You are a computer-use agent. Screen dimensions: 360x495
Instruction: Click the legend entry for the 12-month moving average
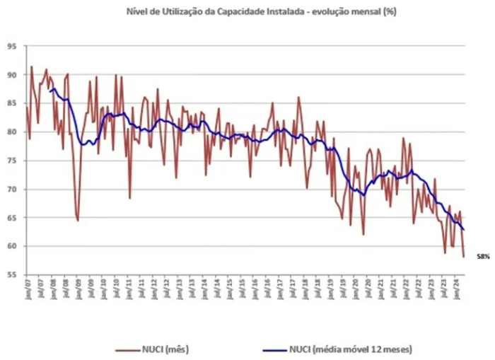(350, 349)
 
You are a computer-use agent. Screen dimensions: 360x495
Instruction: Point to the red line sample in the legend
(127, 349)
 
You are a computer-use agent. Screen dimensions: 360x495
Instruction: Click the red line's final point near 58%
(463, 257)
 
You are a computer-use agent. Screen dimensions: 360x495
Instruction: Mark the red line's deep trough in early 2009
(78, 221)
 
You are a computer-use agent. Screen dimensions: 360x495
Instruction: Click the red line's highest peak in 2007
(31, 66)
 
